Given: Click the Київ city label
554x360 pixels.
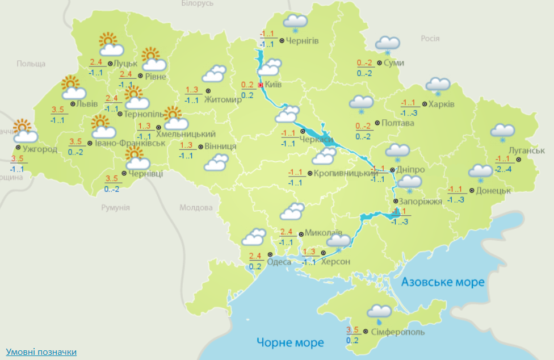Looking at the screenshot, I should [x=274, y=84].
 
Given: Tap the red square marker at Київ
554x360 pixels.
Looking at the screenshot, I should [x=261, y=85].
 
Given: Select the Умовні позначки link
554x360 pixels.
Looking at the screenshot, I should [x=41, y=352].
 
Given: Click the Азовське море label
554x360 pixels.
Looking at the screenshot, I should [x=443, y=282].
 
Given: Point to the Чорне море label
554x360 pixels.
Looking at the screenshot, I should [x=290, y=342].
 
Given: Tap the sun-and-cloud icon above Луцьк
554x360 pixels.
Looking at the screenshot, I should [x=108, y=45].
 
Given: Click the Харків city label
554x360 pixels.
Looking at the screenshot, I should [x=442, y=104].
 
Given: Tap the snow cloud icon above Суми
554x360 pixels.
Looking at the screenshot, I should [x=388, y=44].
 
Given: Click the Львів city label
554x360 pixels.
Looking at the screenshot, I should [x=87, y=104].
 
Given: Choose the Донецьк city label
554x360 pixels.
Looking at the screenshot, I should [x=494, y=190].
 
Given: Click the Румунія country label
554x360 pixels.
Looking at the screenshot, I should [x=116, y=208].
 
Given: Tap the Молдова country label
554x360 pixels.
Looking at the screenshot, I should [x=195, y=207].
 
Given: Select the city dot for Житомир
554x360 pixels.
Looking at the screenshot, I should [x=207, y=90].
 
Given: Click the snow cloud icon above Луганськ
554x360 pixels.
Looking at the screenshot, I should [x=502, y=132].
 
